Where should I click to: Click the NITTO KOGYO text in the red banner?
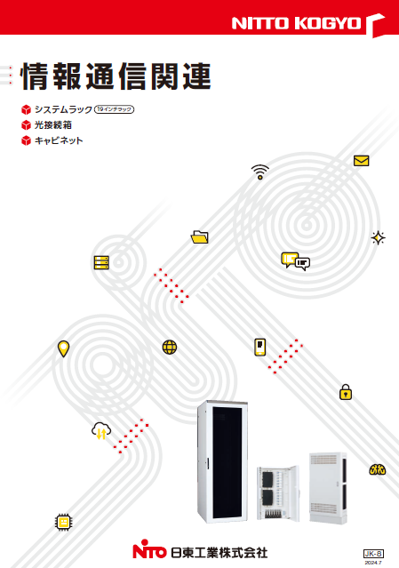296,23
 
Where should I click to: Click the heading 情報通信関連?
116,76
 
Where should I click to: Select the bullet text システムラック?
63,109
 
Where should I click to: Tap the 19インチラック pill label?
114,109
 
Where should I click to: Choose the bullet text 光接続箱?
52,125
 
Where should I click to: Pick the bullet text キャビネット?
59,140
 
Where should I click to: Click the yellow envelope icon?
362,161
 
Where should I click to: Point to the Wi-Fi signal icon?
260,172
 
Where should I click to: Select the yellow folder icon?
199,237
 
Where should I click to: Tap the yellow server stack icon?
101,262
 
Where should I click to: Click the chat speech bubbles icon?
295,261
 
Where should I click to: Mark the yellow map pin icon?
63,348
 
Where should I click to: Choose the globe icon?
170,347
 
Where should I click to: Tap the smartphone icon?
260,347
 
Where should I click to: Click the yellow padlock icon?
346,392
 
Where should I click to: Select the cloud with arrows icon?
101,431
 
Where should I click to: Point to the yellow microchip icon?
63,522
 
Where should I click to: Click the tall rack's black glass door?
227,462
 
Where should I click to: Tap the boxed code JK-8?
373,554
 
